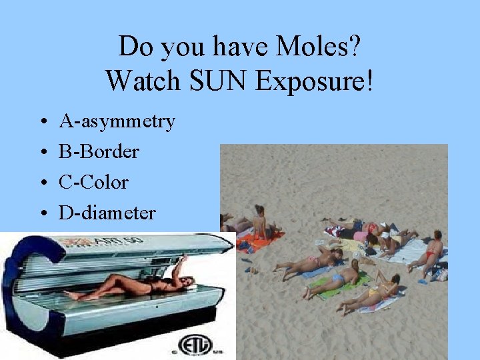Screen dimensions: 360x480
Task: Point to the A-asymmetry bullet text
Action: coord(117,121)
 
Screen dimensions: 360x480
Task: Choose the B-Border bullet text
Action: coord(99,152)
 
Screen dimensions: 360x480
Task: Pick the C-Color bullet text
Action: coord(93,183)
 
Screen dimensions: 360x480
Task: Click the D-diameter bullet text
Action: coord(107,213)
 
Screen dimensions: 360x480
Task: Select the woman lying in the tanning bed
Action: coord(133,283)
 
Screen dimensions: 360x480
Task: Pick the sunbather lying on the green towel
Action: coord(333,280)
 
